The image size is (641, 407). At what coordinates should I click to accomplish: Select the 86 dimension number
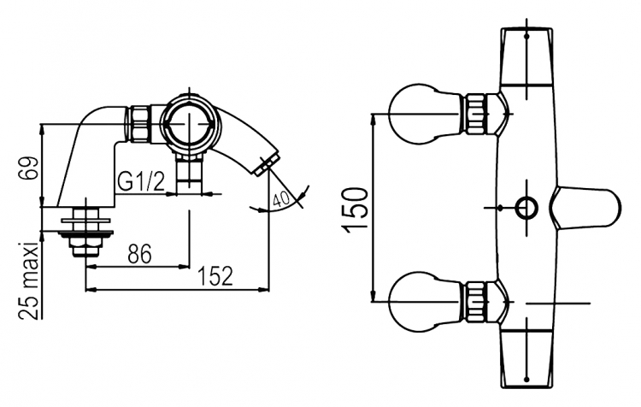coord(139,254)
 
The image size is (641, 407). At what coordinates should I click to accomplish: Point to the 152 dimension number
coord(215,276)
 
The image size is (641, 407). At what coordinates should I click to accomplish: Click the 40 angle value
coord(281,199)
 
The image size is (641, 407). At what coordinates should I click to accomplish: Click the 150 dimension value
coord(355,209)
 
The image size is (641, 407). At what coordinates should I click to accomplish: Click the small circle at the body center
coord(526,208)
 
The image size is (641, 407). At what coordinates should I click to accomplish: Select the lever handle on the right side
coord(585,208)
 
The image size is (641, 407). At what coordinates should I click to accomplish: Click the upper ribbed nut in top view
coord(476,114)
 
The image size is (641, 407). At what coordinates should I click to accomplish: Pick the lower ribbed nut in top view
coord(476,302)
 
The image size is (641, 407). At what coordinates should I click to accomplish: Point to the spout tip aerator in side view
coord(267,163)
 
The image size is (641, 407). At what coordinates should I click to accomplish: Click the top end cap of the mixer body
coord(526,56)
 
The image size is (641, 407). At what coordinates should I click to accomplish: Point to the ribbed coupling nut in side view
coord(140,124)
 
